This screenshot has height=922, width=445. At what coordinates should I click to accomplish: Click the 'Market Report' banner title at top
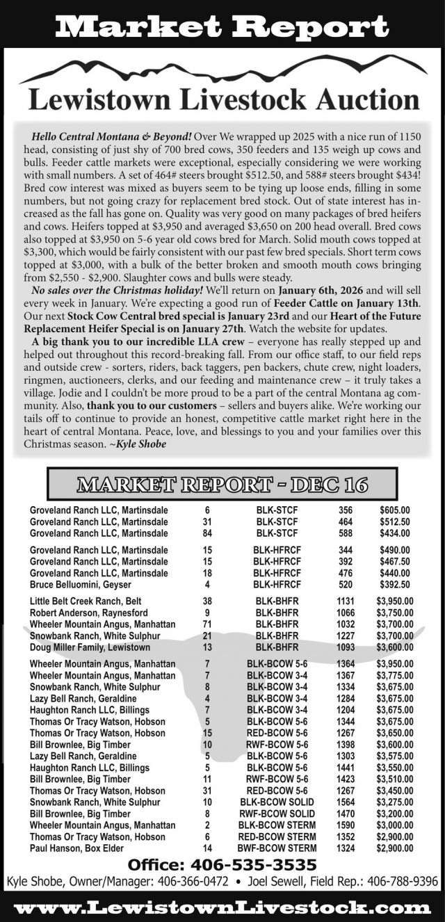[x=222, y=26]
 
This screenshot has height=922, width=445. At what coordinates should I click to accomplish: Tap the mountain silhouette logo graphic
[x=222, y=72]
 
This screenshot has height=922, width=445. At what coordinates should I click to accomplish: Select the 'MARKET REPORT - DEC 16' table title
[x=222, y=485]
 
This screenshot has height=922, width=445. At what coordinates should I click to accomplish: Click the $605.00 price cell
[x=395, y=510]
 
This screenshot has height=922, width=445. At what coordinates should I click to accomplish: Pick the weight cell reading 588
[x=346, y=533]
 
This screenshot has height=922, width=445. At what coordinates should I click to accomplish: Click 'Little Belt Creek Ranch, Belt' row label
[x=86, y=601]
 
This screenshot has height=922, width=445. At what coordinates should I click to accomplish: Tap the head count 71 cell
[x=207, y=624]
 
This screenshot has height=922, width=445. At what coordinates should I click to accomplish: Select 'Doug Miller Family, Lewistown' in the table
[x=90, y=647]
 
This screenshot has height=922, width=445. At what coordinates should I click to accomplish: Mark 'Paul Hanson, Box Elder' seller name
[x=78, y=848]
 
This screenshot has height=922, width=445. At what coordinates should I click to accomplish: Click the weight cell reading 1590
[x=346, y=825]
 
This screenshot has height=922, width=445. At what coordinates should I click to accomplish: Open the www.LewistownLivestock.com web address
[x=222, y=907]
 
